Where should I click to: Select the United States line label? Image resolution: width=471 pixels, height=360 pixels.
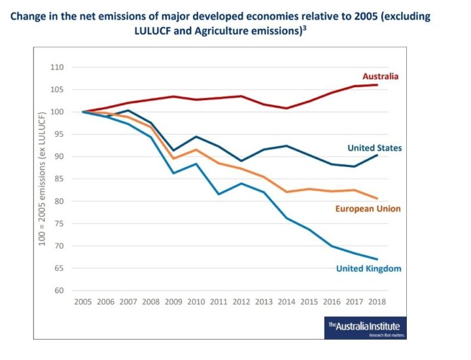pos(374,148)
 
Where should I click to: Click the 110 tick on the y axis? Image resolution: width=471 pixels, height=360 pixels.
pos(57,67)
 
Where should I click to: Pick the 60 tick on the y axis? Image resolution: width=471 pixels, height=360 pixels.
pos(59,291)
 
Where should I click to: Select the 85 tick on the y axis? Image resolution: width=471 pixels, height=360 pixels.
pos(59,179)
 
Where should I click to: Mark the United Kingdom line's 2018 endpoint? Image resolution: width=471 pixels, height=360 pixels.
pos(377,259)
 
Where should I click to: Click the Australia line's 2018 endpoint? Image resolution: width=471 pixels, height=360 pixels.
pos(377,84)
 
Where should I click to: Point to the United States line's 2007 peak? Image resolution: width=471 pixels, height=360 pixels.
pos(128,111)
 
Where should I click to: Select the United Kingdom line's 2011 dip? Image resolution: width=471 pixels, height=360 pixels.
pos(218,194)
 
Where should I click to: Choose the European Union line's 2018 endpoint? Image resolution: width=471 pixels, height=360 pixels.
pos(377,198)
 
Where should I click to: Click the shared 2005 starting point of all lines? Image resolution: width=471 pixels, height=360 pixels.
pos(82,112)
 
